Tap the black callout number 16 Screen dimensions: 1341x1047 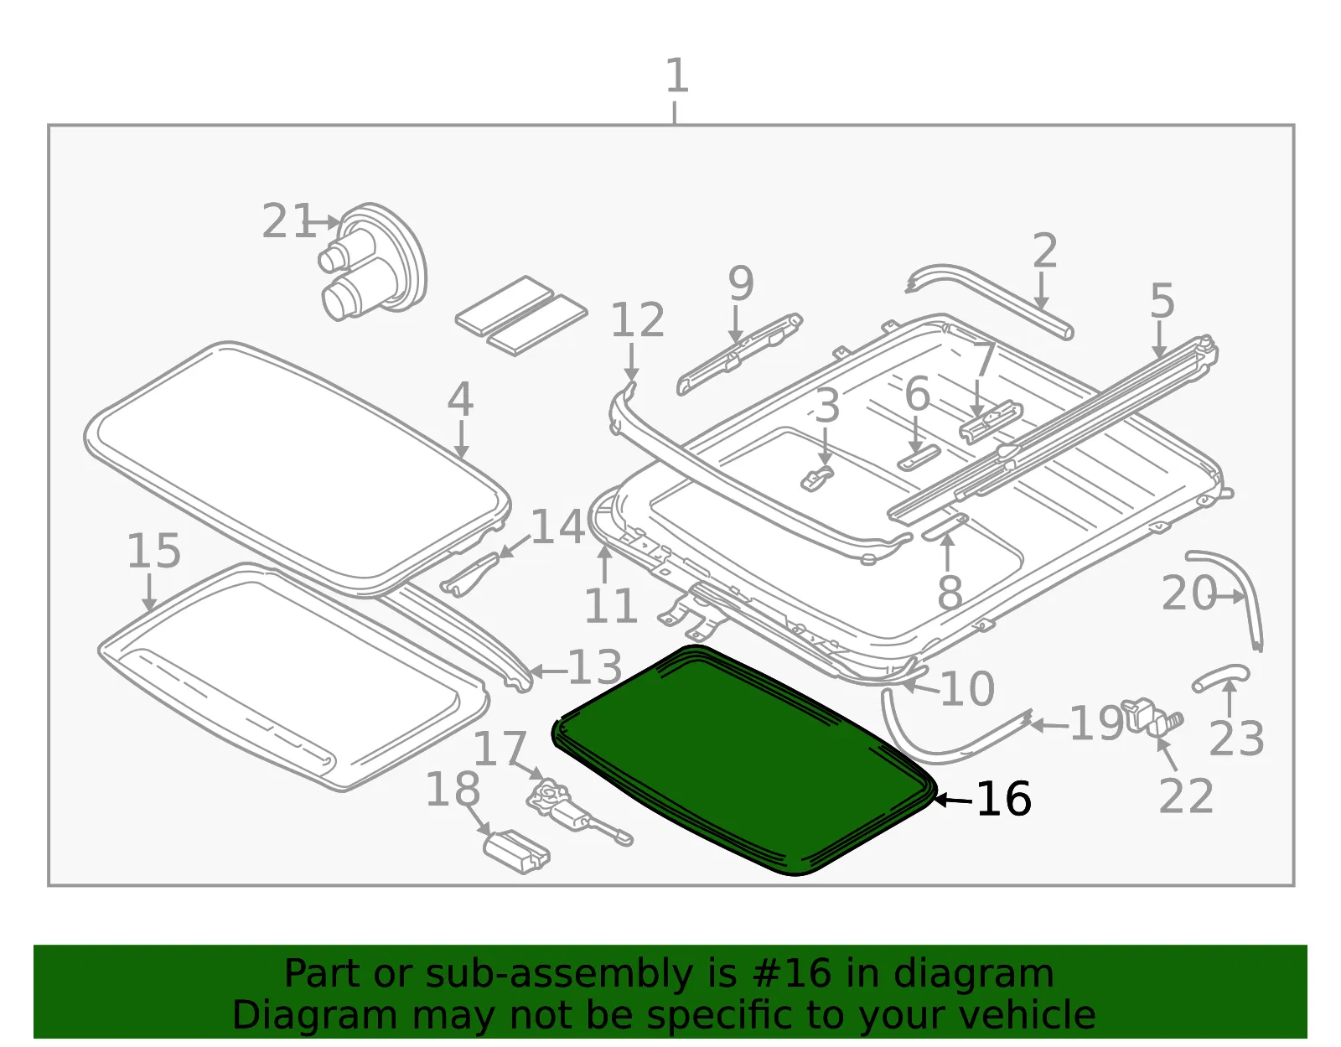click(1003, 800)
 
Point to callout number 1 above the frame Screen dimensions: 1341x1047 click(677, 76)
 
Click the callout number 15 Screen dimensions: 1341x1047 click(153, 551)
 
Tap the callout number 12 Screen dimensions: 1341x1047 click(638, 319)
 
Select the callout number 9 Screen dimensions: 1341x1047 click(741, 283)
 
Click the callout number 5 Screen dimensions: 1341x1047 click(1162, 301)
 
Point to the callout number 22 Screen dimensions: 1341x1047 click(1186, 796)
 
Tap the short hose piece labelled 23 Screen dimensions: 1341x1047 click(1220, 677)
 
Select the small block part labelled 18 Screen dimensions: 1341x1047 click(516, 852)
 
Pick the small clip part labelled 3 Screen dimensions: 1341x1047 click(816, 478)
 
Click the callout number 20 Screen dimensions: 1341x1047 click(1188, 593)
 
